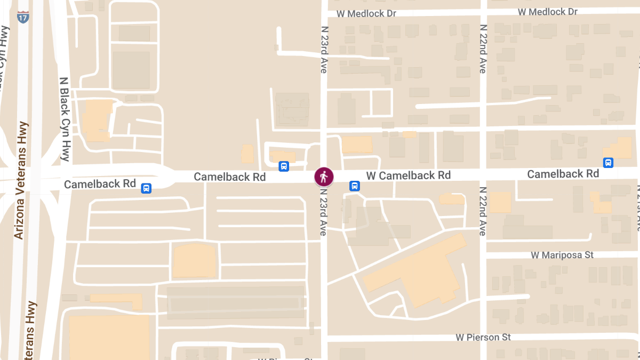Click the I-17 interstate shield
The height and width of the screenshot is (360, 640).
point(23,17)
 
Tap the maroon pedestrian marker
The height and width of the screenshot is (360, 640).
point(324,176)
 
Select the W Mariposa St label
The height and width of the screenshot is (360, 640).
point(562,255)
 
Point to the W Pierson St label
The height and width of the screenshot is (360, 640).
point(483,337)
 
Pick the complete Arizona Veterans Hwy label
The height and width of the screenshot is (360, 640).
point(21,180)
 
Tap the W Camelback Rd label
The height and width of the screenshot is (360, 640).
point(408,175)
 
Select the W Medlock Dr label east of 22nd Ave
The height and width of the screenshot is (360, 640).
point(548,12)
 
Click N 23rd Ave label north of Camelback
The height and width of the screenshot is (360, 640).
point(324,48)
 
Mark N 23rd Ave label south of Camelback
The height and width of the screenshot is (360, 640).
point(324,209)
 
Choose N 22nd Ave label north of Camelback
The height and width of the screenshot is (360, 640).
point(483,48)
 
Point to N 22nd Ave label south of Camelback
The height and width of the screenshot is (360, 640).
point(483,211)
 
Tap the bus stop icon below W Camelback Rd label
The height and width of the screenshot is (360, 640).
point(354,186)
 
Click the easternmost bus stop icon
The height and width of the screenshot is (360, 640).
point(607,163)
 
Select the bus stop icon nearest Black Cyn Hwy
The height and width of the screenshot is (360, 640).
point(146,188)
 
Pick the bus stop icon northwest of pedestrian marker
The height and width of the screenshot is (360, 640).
point(284,166)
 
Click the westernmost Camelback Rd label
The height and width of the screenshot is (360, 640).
point(100,183)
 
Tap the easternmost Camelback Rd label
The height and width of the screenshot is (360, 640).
point(563,174)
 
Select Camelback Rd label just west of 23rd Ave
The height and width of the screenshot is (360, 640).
point(229,176)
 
